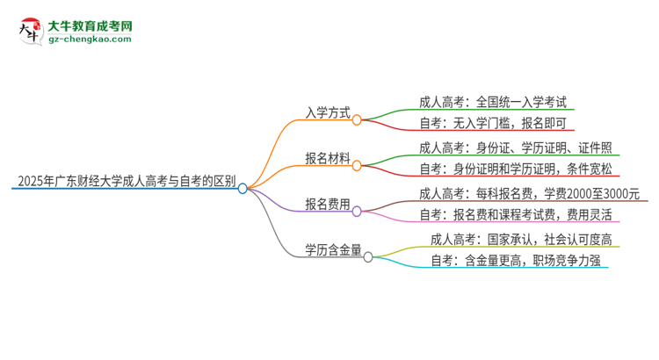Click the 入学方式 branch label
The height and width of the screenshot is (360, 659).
click(x=327, y=113)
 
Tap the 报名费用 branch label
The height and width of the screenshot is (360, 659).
click(x=327, y=205)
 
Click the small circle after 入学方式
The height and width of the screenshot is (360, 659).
click(x=356, y=119)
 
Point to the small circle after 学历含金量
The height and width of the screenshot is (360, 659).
click(x=368, y=256)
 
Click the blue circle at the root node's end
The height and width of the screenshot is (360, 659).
click(x=243, y=187)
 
